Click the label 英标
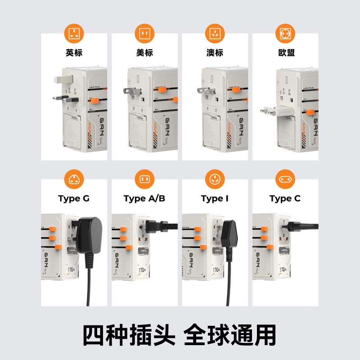pyautogui.click(x=74, y=53)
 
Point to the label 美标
pyautogui.click(x=144, y=53)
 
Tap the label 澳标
pyautogui.click(x=215, y=53)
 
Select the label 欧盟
pyautogui.click(x=285, y=53)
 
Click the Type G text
pyautogui.click(x=74, y=198)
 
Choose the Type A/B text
pyautogui.click(x=144, y=198)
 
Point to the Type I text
pyautogui.click(x=215, y=198)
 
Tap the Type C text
pyautogui.click(x=285, y=198)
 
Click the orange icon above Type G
pyautogui.click(x=74, y=179)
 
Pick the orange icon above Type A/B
pyautogui.click(x=144, y=179)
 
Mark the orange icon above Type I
pyautogui.click(x=215, y=179)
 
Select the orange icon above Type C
pyautogui.click(x=285, y=179)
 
